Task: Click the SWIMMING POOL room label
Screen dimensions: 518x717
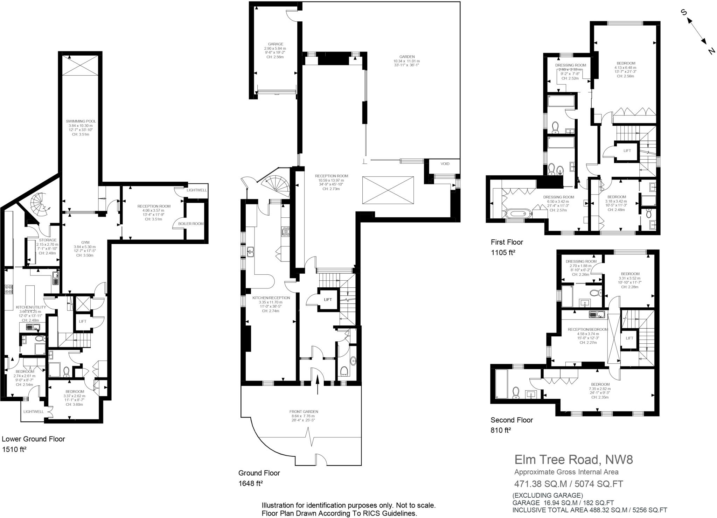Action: pos(81,121)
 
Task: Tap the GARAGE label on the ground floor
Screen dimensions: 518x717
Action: pos(276,44)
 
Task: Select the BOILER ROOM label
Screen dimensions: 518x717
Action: pos(190,224)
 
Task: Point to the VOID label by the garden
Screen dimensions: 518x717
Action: pos(445,164)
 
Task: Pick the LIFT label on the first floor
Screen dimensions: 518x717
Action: pos(627,151)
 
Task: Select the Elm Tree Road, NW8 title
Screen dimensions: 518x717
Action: pos(573,459)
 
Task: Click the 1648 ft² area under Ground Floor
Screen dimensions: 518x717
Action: pos(250,484)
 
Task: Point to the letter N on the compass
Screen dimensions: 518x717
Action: pos(711,51)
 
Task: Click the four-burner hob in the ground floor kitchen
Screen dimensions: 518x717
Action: pos(286,231)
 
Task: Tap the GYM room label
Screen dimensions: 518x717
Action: pos(85,242)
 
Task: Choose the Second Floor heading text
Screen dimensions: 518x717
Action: pos(511,420)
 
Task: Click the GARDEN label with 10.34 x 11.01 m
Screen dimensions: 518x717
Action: pos(407,57)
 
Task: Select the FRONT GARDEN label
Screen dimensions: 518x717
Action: pos(304,412)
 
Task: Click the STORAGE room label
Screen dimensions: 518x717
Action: pos(48,240)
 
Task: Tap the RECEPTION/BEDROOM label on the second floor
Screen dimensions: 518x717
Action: pos(588,329)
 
